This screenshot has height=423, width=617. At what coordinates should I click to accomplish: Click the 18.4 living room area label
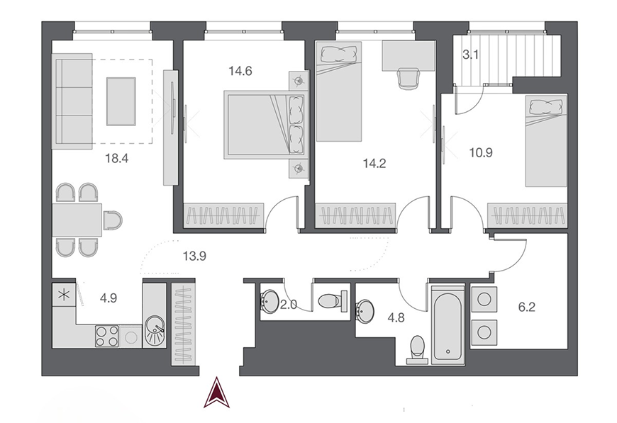click(x=117, y=159)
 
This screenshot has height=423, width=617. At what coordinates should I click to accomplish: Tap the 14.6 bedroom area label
click(x=240, y=71)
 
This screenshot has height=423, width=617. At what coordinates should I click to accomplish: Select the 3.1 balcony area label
click(x=471, y=55)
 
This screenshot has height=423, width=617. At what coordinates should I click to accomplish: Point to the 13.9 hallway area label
click(x=194, y=256)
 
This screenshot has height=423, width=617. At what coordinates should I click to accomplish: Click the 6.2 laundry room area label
click(x=526, y=307)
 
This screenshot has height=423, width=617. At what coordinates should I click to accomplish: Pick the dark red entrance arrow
click(x=216, y=392)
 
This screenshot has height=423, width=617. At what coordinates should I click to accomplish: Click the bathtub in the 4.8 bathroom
click(x=448, y=323)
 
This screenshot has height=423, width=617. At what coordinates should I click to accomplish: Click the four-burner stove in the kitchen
click(x=106, y=336)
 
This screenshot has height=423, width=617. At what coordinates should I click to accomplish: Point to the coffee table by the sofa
click(x=121, y=101)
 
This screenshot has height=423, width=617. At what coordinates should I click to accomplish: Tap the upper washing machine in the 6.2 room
click(x=484, y=299)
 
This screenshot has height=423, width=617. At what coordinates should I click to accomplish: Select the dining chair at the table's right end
click(x=112, y=220)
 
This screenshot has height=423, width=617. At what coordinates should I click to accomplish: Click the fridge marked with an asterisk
click(x=63, y=295)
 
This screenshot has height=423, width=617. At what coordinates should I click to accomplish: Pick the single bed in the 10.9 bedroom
click(x=547, y=142)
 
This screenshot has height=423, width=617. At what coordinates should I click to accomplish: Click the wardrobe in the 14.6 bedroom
click(x=224, y=215)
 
